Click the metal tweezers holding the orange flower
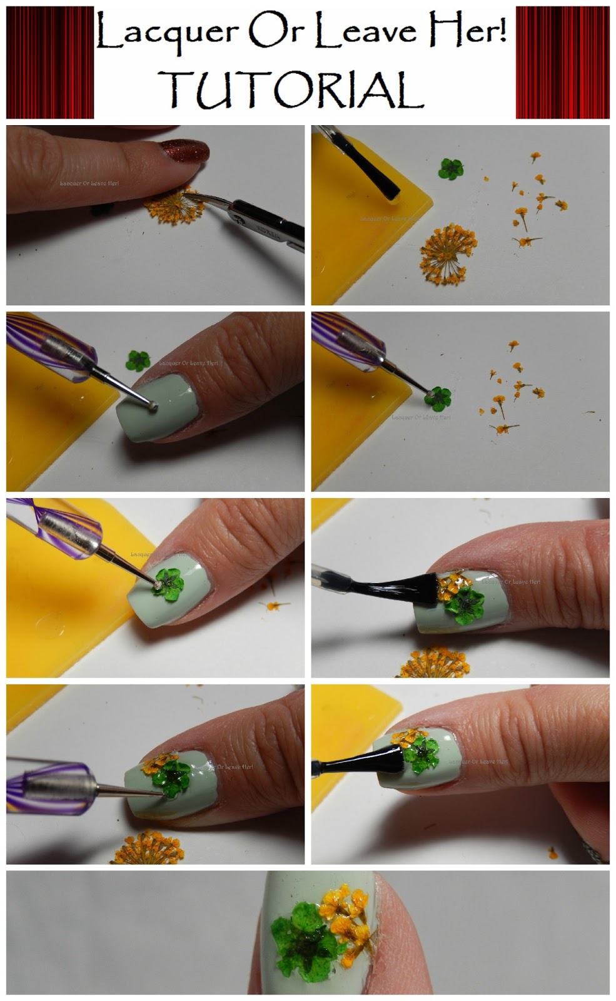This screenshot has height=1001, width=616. click(x=263, y=219)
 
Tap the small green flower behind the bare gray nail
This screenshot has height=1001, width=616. click(x=138, y=361)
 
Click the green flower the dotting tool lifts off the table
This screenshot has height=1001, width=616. click(x=437, y=397)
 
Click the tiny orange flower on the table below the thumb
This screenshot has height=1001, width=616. click(x=553, y=852)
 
